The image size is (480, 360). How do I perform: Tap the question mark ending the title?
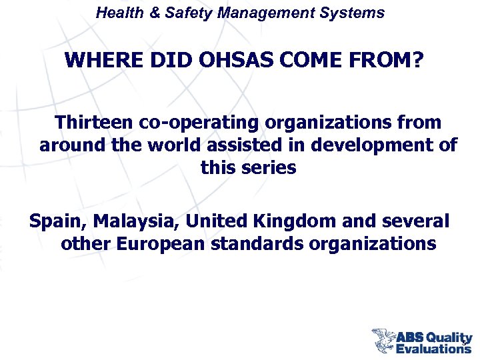417,61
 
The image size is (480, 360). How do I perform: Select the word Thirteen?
95,123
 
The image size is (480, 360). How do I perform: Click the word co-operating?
200,123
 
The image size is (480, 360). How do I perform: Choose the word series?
268,167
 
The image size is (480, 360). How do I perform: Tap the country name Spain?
58,221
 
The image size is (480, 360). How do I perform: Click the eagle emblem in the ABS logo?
383,340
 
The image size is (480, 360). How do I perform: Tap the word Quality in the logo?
449,337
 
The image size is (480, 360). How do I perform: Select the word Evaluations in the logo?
433,348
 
